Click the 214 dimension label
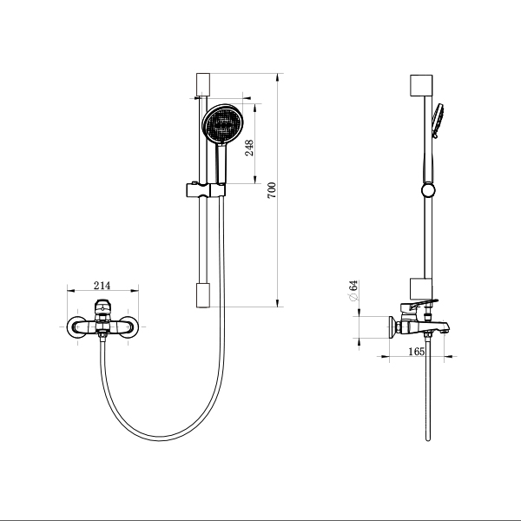point(102,286)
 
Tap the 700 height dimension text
point(272,190)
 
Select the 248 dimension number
point(249,148)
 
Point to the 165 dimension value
point(416,351)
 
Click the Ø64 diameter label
point(353,291)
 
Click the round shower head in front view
point(223,125)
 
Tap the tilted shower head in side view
point(438,120)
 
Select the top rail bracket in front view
point(203,84)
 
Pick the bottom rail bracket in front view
point(203,295)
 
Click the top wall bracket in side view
point(421,85)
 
